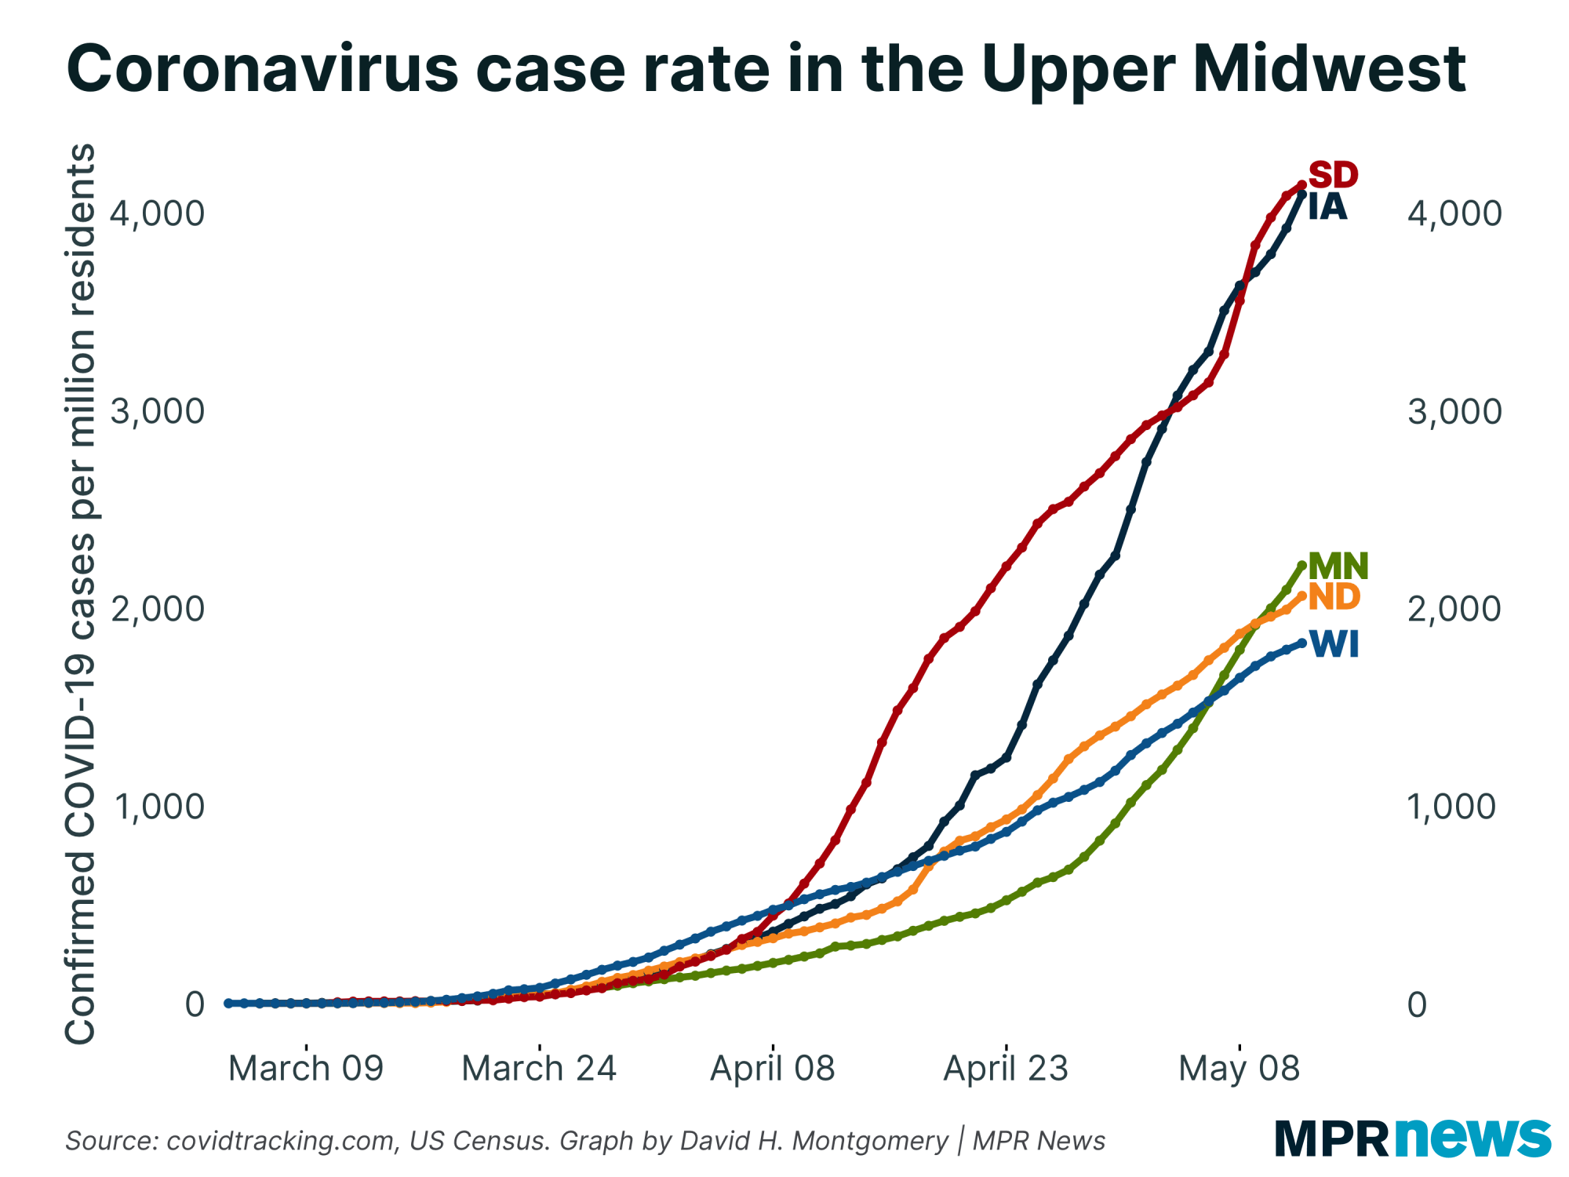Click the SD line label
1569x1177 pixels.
point(1333,174)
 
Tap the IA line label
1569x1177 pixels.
point(1327,207)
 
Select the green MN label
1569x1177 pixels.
point(1338,566)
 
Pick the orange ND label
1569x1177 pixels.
point(1334,597)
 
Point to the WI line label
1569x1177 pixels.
point(1334,644)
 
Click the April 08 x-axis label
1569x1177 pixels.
point(773,1069)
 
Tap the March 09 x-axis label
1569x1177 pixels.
point(306,1069)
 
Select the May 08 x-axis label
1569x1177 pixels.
point(1240,1069)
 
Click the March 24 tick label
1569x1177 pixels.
point(539,1069)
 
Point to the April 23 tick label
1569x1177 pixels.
point(1006,1069)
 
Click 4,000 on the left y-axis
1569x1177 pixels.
point(157,213)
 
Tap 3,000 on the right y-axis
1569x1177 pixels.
point(1454,411)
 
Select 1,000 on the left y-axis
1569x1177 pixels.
point(157,807)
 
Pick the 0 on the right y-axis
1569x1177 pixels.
point(1417,1004)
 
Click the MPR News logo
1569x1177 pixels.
point(1412,1138)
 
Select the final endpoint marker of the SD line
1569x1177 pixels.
point(1301,184)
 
